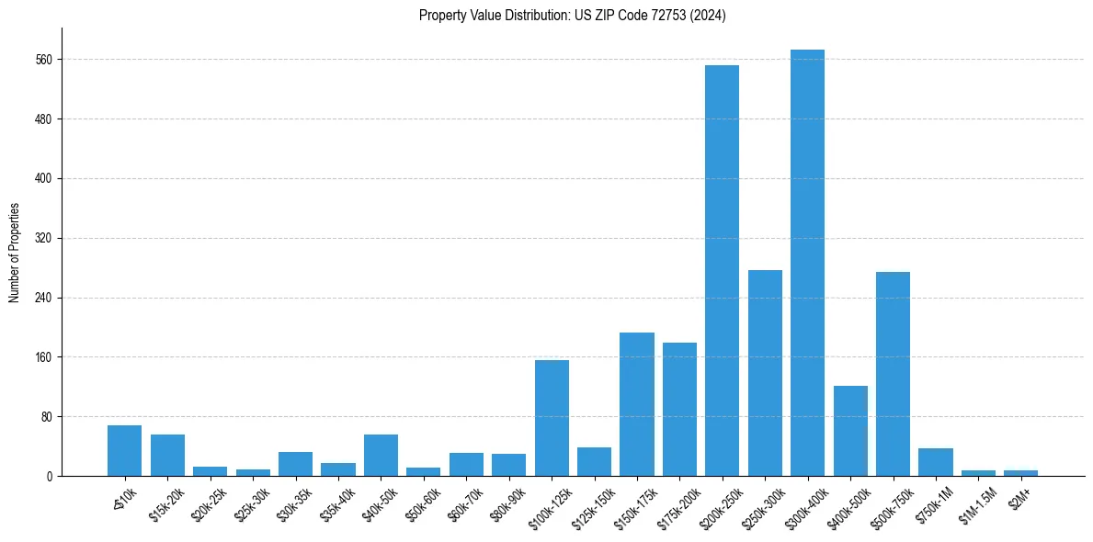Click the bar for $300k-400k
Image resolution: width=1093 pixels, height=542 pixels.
[x=807, y=263]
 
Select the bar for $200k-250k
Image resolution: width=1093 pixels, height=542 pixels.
[x=722, y=270]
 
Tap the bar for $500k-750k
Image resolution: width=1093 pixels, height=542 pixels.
[x=893, y=374]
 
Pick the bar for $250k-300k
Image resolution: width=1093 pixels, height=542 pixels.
[x=765, y=373]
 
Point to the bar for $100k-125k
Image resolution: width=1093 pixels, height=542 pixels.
[x=552, y=418]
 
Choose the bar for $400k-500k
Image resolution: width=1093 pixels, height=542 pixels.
[x=850, y=431]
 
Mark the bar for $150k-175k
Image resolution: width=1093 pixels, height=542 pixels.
[x=637, y=404]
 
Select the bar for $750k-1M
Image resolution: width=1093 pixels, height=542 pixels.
[x=936, y=462]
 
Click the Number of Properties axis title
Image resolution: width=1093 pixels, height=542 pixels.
[x=14, y=252]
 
